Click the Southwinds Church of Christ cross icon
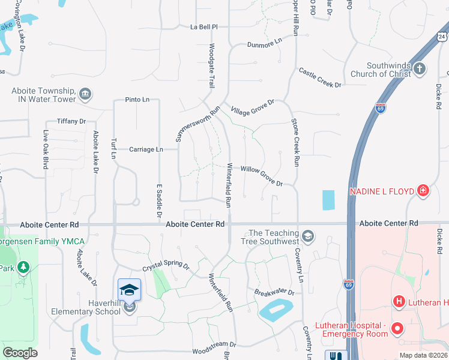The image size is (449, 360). click(420, 68)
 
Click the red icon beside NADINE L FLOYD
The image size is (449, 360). click(423, 191)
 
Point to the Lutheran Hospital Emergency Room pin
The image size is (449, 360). click(397, 328)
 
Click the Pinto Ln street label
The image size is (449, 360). click(137, 100)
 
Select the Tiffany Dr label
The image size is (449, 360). click(71, 121)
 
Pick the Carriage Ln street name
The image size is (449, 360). click(147, 149)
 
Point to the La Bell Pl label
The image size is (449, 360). click(203, 27)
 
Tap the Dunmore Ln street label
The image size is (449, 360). click(264, 44)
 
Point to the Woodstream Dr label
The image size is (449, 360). click(214, 345)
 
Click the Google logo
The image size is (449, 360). click(20, 353)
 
